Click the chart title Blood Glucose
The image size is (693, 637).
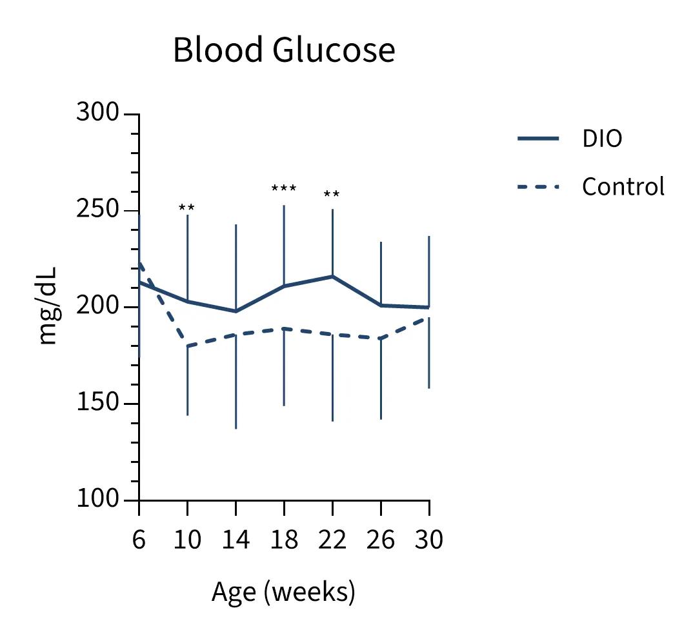tap(284, 50)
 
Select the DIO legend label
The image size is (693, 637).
tap(601, 139)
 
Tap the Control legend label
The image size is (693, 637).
tap(623, 186)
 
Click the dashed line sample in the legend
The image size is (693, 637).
tap(538, 187)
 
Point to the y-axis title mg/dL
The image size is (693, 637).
tap(48, 306)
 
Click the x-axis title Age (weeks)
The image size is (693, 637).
tap(283, 591)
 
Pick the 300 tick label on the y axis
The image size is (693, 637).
tap(97, 113)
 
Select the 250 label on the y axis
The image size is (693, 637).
tap(97, 210)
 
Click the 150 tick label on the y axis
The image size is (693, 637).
tap(97, 403)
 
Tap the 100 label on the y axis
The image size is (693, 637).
tap(97, 499)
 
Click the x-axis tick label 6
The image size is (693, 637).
tap(139, 540)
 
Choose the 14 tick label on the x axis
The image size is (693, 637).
tap(236, 540)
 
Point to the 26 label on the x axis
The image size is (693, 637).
tap(381, 540)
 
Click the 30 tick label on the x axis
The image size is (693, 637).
tap(428, 540)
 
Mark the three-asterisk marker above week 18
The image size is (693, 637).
tap(284, 189)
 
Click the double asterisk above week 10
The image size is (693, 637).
tap(186, 208)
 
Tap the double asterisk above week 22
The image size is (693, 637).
tap(332, 195)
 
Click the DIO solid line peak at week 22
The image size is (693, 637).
tap(332, 276)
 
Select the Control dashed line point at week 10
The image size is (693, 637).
tap(187, 346)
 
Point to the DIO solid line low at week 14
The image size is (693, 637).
tap(236, 311)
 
